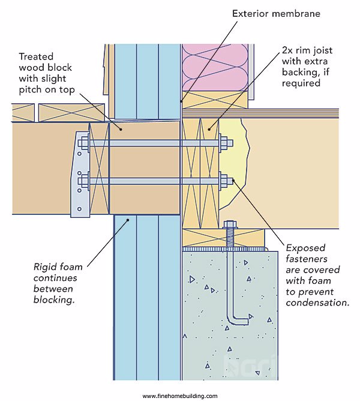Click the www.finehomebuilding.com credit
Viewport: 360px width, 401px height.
click(x=180, y=396)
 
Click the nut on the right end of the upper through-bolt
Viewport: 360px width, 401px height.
click(x=226, y=143)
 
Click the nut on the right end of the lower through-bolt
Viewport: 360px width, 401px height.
click(x=226, y=179)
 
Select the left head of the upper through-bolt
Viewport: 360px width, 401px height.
click(x=83, y=143)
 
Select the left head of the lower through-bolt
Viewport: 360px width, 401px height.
click(x=83, y=179)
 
